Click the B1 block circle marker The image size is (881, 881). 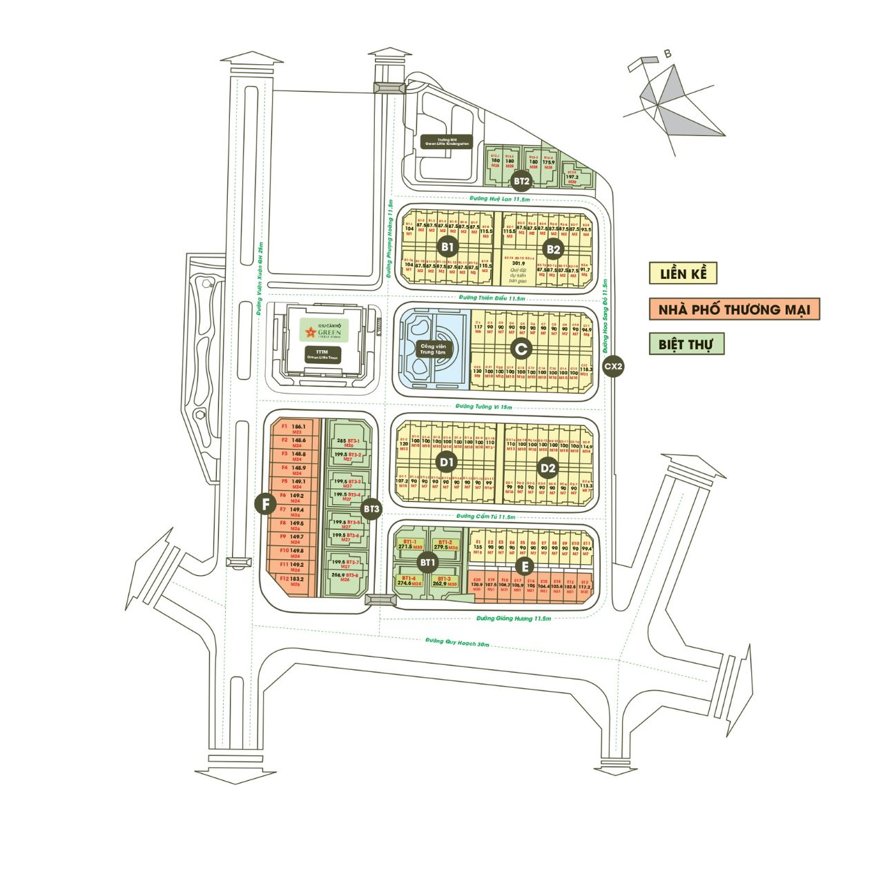point(447,246)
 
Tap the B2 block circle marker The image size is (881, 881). point(553,249)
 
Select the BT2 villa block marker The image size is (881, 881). point(521,182)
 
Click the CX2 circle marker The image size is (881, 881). point(613,367)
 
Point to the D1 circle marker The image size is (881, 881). point(447,461)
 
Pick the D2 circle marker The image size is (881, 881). point(548,469)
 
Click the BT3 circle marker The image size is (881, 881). point(371,510)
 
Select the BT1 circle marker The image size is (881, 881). point(428,563)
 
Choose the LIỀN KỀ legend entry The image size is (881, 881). point(682,273)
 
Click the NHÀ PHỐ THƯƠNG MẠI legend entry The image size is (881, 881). point(734,309)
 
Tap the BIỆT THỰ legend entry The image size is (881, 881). point(686,343)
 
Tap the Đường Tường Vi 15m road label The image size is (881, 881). point(484,407)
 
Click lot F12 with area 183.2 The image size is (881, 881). point(292,581)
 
